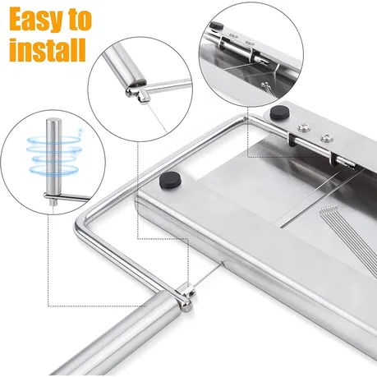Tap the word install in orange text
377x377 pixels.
48,50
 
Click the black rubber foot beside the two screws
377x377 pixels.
279,113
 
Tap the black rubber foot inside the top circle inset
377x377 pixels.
217,25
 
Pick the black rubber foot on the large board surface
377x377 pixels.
171,180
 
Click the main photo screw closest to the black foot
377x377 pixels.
303,126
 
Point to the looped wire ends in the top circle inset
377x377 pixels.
268,88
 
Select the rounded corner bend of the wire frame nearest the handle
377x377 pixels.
80,224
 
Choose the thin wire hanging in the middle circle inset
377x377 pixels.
157,117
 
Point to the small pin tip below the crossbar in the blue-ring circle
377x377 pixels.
52,203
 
